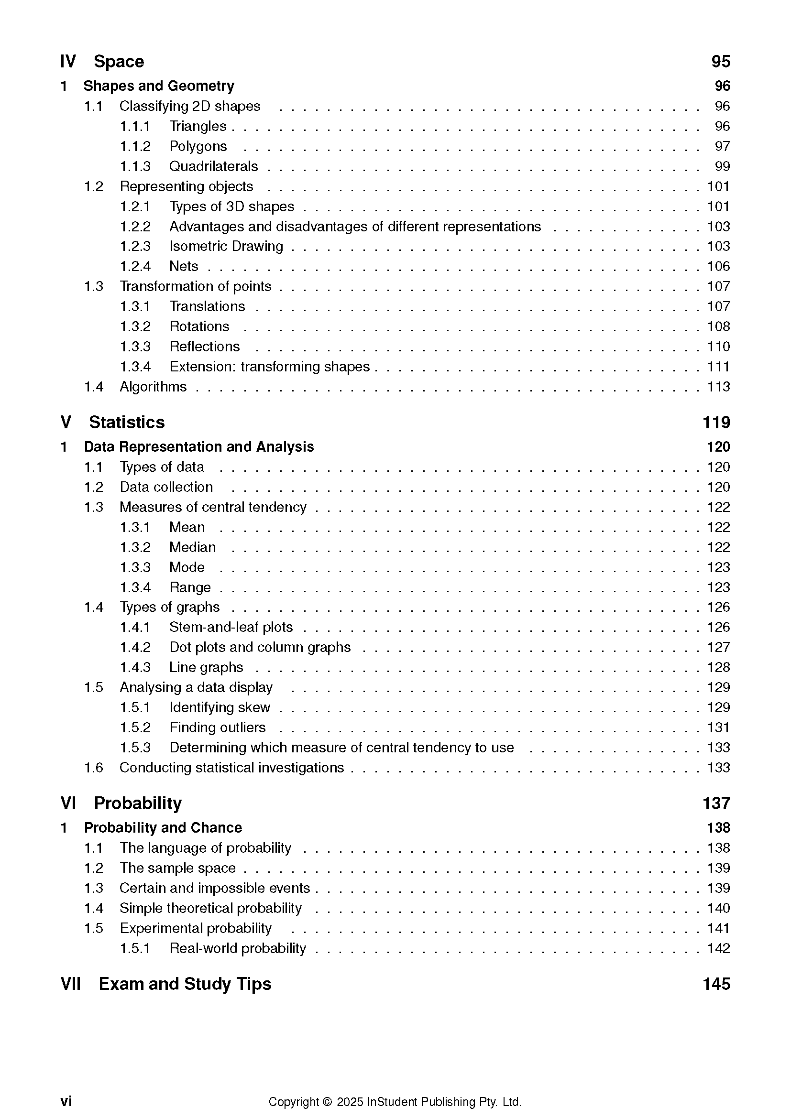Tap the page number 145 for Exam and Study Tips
716,984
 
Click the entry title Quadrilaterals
213,166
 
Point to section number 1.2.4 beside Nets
135,266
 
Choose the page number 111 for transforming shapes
718,367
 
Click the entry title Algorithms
153,387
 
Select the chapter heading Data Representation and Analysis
199,446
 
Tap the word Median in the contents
192,547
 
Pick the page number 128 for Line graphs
718,667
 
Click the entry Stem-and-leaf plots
231,627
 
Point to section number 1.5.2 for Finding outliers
135,727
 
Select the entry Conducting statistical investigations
231,768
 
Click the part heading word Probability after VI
138,803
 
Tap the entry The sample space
177,868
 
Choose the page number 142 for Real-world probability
718,948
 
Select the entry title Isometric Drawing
226,246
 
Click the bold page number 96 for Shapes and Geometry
722,86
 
